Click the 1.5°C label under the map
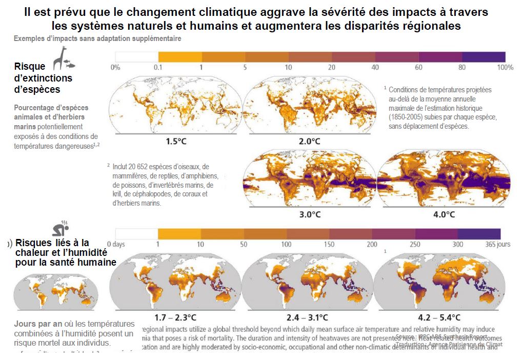[x=176, y=141]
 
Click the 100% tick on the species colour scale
[x=505, y=67]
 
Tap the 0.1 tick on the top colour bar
[x=158, y=67]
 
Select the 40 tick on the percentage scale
[x=375, y=67]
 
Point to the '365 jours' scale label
[x=497, y=244]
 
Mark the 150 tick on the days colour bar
[x=330, y=244]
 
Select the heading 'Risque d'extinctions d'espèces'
[x=44, y=78]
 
